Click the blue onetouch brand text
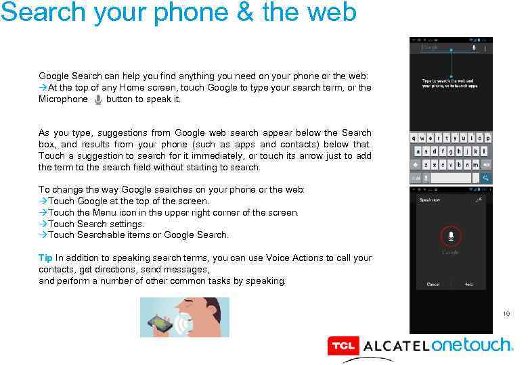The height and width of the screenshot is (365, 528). click(472, 345)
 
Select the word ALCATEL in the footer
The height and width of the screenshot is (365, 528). click(395, 347)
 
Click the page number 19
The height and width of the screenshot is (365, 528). click(506, 314)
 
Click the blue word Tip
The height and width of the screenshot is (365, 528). click(45, 258)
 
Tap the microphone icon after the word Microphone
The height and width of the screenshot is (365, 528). click(98, 99)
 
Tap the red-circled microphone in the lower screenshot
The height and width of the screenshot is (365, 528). click(450, 236)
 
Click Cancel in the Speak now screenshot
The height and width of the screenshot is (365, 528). click(433, 285)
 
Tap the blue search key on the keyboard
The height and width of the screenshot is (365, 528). click(484, 178)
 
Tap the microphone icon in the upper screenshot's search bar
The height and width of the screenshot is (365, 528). click(474, 47)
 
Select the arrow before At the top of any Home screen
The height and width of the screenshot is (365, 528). click(43, 88)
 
